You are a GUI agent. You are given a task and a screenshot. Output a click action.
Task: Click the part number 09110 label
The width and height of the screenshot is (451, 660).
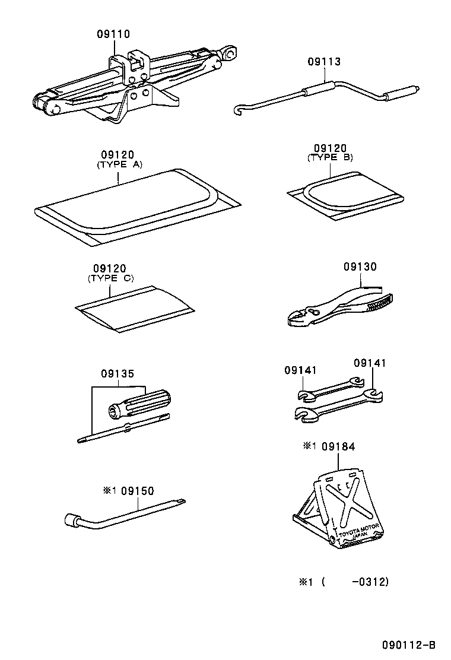[113, 34]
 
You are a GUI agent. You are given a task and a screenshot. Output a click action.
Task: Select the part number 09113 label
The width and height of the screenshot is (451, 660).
[324, 62]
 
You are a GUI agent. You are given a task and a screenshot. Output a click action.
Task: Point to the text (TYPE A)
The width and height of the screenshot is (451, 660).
[119, 165]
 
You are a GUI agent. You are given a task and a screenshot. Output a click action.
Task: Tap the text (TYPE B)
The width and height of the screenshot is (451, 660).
[330, 157]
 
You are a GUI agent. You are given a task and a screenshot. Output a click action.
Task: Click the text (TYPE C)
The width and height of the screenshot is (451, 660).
[110, 278]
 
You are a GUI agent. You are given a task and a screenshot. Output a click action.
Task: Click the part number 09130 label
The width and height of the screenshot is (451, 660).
[360, 267]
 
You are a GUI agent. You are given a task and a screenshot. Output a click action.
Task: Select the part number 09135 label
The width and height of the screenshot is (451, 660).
[117, 374]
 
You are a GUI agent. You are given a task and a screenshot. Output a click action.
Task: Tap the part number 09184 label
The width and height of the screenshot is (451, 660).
[338, 446]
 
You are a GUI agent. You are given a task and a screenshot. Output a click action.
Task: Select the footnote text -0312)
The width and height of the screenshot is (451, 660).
[370, 582]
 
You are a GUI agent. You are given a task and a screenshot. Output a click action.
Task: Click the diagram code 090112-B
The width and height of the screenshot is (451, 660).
[409, 645]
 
